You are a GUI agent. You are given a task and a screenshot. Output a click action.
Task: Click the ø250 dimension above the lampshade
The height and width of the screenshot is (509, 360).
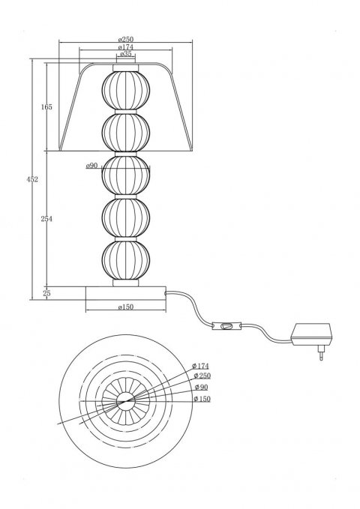(x=126, y=39)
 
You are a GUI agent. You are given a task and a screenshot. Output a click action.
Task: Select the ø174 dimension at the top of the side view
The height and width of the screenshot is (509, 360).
(x=126, y=47)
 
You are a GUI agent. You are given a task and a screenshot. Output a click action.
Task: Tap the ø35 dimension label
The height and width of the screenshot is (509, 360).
(x=126, y=54)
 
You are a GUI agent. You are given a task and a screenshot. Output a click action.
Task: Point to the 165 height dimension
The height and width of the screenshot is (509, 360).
(x=46, y=106)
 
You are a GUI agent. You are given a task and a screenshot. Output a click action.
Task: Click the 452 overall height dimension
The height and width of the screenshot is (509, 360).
(x=32, y=179)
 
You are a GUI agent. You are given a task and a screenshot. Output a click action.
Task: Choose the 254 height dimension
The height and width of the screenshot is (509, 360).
(x=46, y=219)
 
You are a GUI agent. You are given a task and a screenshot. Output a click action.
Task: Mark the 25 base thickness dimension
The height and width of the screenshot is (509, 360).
(x=46, y=293)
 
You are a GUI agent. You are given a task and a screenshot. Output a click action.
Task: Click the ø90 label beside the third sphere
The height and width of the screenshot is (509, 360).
(x=91, y=166)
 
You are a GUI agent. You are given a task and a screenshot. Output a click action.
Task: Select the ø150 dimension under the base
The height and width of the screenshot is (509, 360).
(x=126, y=307)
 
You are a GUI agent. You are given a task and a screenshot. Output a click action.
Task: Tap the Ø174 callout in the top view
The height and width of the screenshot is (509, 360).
(x=200, y=366)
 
